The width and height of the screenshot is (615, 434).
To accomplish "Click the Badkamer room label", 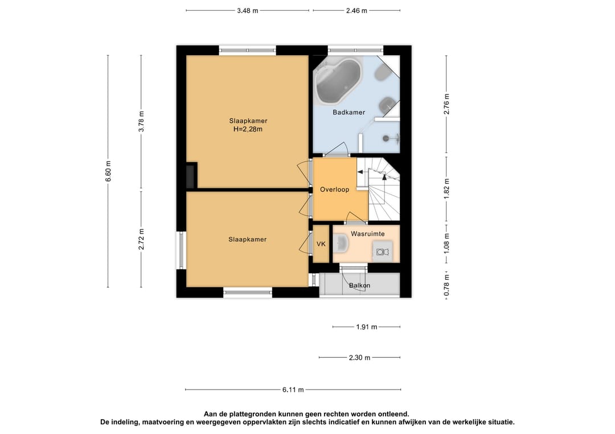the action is pyautogui.click(x=348, y=113).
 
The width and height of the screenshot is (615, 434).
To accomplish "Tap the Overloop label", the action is pyautogui.click(x=335, y=189).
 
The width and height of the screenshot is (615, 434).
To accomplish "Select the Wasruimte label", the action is pyautogui.click(x=367, y=234).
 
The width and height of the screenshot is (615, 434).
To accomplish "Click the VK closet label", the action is pyautogui.click(x=321, y=244).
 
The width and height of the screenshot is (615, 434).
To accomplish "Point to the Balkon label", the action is pyautogui.click(x=360, y=286).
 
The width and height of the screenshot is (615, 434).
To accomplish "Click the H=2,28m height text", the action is pyautogui.click(x=248, y=129).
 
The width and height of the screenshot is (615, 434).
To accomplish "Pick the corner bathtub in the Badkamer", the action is pyautogui.click(x=338, y=81).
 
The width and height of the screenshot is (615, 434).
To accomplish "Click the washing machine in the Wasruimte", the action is pyautogui.click(x=382, y=251).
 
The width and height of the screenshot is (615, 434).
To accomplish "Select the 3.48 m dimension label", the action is pyautogui.click(x=248, y=11).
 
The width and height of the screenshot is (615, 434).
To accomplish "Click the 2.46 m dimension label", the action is pyautogui.click(x=356, y=11).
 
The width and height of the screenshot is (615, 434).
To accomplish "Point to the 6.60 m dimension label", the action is pyautogui.click(x=109, y=171).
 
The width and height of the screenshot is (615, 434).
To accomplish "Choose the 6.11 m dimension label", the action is pyautogui.click(x=293, y=390).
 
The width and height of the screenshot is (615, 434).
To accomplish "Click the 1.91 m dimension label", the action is pyautogui.click(x=367, y=326).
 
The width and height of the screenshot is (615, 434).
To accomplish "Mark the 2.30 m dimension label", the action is pyautogui.click(x=360, y=358).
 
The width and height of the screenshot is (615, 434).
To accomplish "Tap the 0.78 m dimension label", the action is pyautogui.click(x=446, y=285).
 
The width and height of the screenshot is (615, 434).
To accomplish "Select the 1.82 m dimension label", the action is pyautogui.click(x=446, y=188).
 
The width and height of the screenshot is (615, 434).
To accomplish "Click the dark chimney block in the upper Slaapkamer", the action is pyautogui.click(x=192, y=176).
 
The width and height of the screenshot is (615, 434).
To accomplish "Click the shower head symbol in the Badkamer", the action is pyautogui.click(x=386, y=138).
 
